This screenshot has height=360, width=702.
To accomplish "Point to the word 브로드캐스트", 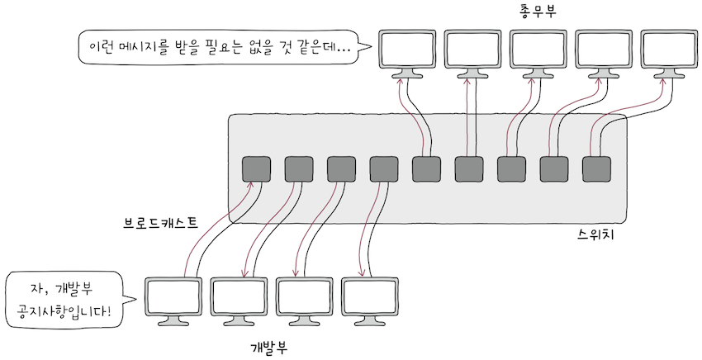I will pos(160,223).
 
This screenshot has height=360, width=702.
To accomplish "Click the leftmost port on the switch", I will pos(255,168).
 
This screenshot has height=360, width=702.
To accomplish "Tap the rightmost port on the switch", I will pos(596,168).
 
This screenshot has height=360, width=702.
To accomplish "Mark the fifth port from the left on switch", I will pos(426,168).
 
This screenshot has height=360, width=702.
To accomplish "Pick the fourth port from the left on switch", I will pos(383,168).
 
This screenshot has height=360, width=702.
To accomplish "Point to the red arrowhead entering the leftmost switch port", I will pos(249,187).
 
